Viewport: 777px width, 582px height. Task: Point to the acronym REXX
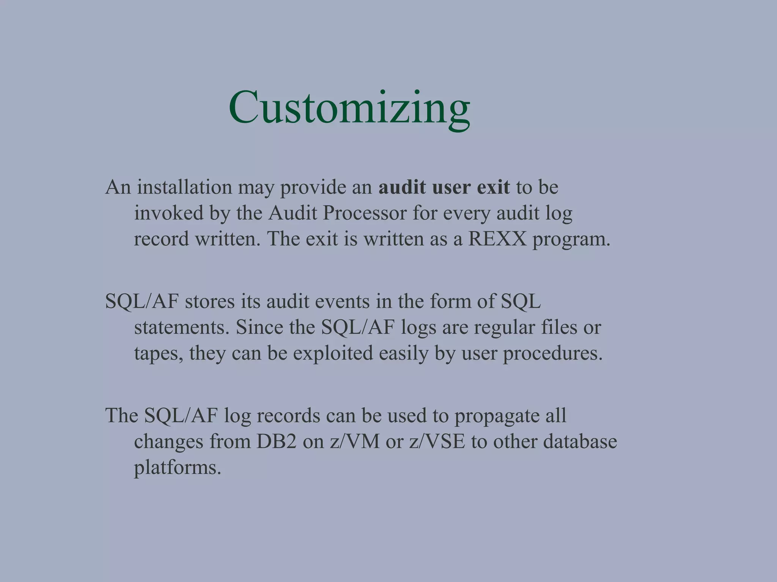[x=497, y=239]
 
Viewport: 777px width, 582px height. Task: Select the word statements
[x=182, y=327]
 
